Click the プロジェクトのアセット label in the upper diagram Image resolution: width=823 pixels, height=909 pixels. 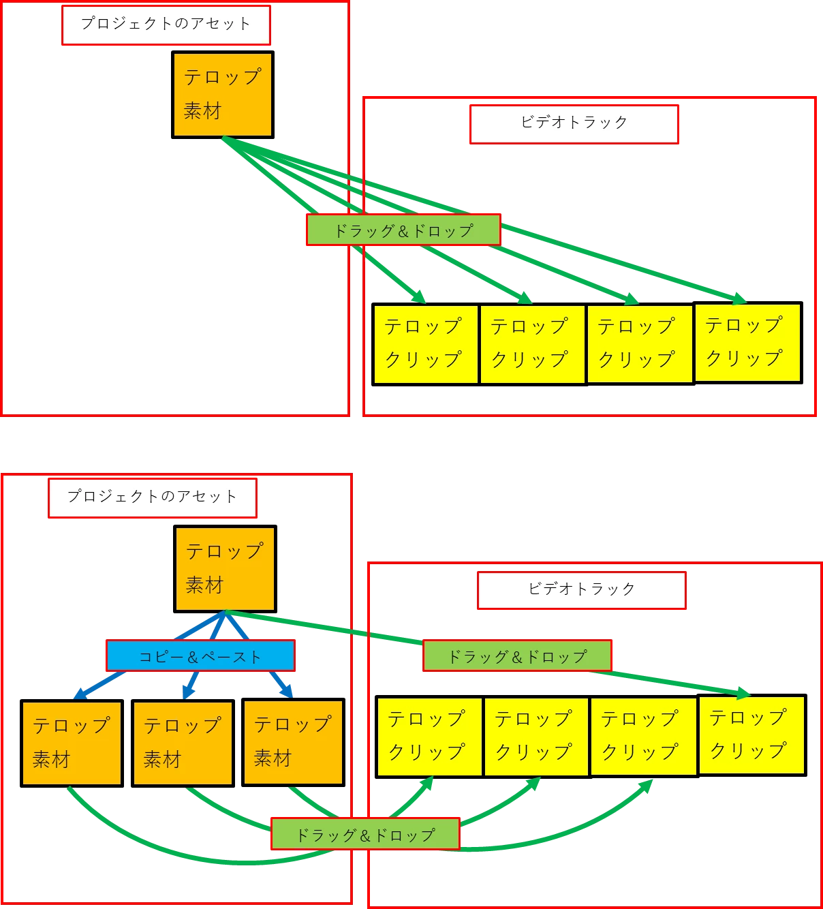click(x=166, y=25)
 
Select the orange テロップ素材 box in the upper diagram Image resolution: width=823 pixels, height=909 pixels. click(x=222, y=95)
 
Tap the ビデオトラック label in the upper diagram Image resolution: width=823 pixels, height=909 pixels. click(x=574, y=123)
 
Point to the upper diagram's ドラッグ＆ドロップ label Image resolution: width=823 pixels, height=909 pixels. click(x=403, y=230)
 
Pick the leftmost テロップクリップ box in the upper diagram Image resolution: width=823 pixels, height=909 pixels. click(x=425, y=344)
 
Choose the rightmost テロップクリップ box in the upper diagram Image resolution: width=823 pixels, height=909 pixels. click(x=747, y=342)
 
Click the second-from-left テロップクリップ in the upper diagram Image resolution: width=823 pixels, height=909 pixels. click(x=531, y=344)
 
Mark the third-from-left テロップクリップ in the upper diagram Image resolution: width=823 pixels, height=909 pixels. click(x=638, y=344)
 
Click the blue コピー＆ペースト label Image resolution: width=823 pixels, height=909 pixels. click(x=200, y=656)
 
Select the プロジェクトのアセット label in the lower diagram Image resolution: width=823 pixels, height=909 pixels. click(x=152, y=497)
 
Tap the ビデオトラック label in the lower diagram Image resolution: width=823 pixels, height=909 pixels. click(x=581, y=590)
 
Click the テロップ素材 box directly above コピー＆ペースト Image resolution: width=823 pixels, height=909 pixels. click(x=225, y=568)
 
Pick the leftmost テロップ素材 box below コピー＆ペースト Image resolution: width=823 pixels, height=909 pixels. click(x=72, y=743)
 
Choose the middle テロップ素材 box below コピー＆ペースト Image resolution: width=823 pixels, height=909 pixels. click(x=183, y=743)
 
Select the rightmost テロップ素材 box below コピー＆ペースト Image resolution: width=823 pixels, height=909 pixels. click(x=293, y=742)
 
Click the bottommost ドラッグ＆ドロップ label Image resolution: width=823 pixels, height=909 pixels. click(x=365, y=835)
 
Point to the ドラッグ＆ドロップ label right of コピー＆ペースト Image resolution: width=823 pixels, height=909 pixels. click(x=517, y=656)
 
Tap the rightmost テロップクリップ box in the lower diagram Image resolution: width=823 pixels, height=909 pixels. click(x=751, y=735)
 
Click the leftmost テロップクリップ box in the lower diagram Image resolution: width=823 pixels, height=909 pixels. click(x=429, y=737)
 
